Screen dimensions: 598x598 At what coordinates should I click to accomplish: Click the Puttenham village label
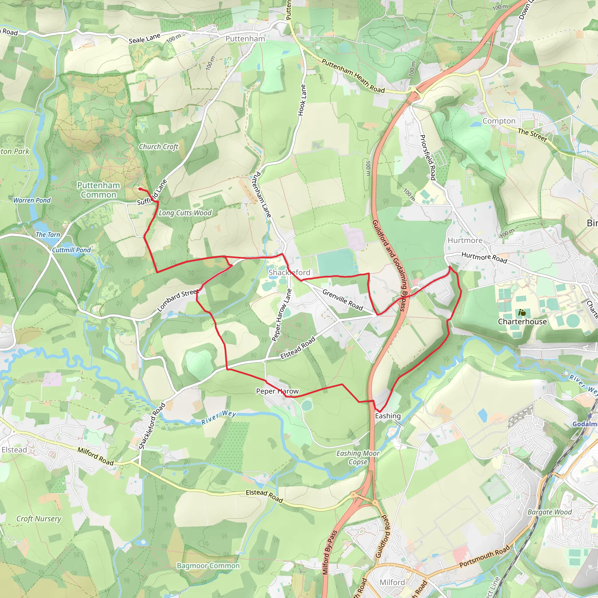pyautogui.click(x=245, y=39)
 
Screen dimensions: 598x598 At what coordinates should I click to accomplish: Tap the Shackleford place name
pyautogui.click(x=289, y=272)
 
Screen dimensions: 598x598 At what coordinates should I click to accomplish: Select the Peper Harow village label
pyautogui.click(x=277, y=391)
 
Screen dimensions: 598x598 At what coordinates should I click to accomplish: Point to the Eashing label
pyautogui.click(x=388, y=416)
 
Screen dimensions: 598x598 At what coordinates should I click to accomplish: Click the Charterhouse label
pyautogui.click(x=522, y=321)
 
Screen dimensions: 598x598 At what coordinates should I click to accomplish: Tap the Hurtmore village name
pyautogui.click(x=465, y=241)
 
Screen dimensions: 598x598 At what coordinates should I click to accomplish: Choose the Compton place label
pyautogui.click(x=499, y=121)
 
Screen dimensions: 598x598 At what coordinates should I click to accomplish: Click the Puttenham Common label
pyautogui.click(x=98, y=190)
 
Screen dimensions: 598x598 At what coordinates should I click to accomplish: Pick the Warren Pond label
pyautogui.click(x=32, y=200)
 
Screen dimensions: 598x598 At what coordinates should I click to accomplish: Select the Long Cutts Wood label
pyautogui.click(x=185, y=213)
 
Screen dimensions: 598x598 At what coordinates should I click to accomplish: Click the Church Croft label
pyautogui.click(x=159, y=147)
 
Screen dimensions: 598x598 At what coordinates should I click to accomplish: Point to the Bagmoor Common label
pyautogui.click(x=208, y=566)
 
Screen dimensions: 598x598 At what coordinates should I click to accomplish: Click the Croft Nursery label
pyautogui.click(x=39, y=519)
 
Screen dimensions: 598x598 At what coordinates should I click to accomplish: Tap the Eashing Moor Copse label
pyautogui.click(x=358, y=458)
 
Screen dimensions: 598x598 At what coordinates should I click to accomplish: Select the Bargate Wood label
pyautogui.click(x=550, y=512)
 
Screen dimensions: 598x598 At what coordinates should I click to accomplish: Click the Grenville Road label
pyautogui.click(x=342, y=300)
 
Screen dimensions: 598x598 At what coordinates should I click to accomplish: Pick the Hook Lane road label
pyautogui.click(x=302, y=100)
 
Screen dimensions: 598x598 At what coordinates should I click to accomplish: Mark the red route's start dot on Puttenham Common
pyautogui.click(x=140, y=189)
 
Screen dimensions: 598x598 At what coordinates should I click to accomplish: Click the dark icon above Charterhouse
pyautogui.click(x=522, y=313)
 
